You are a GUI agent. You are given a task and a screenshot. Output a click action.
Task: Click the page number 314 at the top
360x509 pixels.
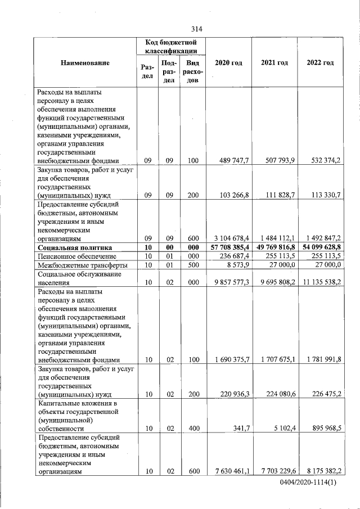196,29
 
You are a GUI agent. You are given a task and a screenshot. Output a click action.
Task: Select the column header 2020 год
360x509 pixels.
228,62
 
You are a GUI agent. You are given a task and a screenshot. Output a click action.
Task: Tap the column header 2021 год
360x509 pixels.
274,62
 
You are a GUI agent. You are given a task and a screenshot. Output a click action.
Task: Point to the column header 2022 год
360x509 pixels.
320,62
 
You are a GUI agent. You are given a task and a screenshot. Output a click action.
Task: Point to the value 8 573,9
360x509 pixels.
238,265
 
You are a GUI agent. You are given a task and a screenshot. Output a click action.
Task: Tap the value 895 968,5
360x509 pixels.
323,429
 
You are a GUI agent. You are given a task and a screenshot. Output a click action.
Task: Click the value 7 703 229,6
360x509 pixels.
277,472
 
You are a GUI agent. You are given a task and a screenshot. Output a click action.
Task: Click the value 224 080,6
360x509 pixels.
279,394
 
